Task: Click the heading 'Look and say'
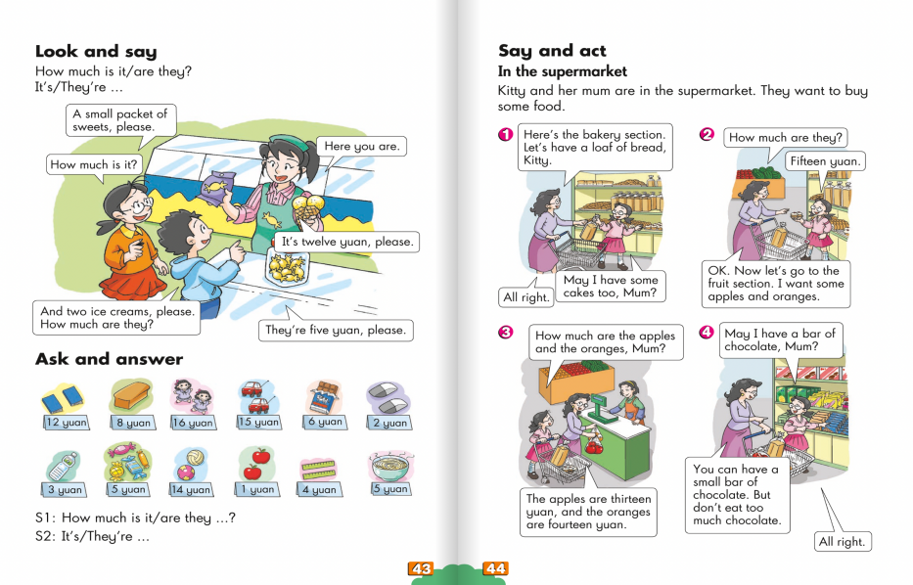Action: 96,51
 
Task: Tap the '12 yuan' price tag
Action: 67,422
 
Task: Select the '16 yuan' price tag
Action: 194,423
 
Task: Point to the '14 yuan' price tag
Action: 191,489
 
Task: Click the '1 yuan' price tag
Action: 256,489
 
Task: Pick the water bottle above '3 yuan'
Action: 63,466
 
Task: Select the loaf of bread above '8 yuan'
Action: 132,396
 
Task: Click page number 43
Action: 421,568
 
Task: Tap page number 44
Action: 495,568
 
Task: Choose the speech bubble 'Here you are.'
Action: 362,146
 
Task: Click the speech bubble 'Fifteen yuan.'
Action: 825,161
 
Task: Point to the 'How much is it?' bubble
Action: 94,164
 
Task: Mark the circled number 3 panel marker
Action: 505,333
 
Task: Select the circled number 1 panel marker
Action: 505,134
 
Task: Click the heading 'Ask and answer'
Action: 109,359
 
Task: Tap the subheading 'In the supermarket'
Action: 563,71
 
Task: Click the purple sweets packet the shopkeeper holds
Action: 217,187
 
